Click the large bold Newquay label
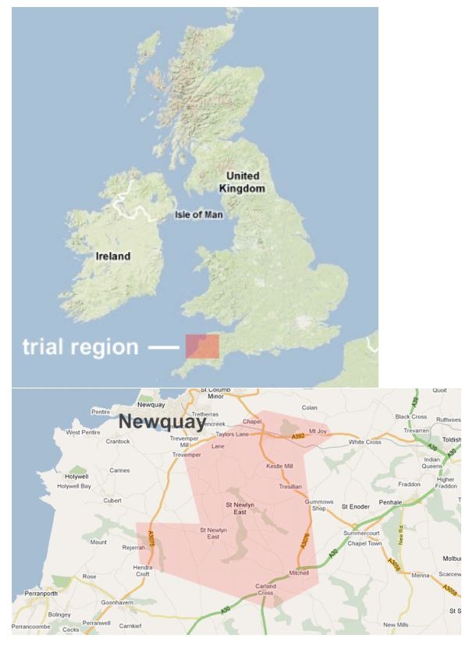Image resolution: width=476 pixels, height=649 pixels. point(162,423)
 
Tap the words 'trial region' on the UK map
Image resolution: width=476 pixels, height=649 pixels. point(80,346)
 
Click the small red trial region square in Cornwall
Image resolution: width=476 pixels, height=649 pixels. point(202,346)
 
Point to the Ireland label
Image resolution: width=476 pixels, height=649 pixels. point(113,256)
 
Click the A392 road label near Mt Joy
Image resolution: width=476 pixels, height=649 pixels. point(298,437)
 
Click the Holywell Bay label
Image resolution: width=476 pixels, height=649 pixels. point(74,486)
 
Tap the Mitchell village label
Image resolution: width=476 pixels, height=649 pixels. point(299,573)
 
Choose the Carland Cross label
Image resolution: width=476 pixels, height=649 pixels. point(265,589)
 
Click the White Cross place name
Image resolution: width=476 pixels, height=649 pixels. point(364,442)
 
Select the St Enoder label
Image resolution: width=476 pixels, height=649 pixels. point(357,506)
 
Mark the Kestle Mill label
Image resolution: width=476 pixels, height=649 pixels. point(279,466)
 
